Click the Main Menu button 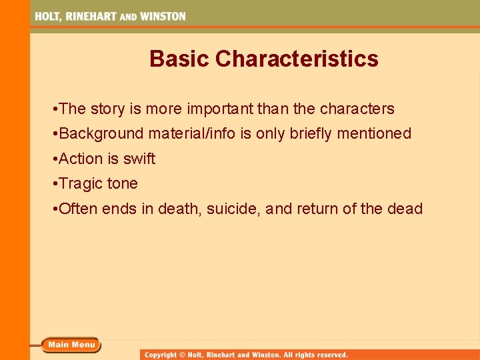71,345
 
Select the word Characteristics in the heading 297,59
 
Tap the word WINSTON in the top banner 163,16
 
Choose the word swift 139,159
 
